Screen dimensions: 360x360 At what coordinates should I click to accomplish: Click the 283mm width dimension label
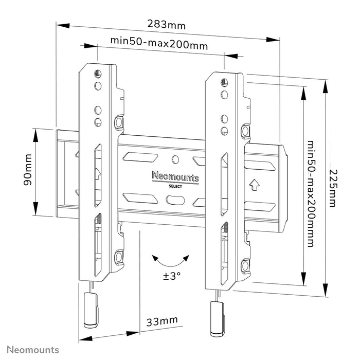(166, 25)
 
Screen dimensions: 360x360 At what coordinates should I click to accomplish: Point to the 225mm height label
(334, 188)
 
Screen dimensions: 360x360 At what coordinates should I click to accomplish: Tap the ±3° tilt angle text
(172, 277)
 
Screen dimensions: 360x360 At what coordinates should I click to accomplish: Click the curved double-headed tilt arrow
(172, 260)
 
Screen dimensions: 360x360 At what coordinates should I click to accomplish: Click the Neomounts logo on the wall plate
(175, 177)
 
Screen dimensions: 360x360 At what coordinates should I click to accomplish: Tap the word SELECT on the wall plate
(175, 186)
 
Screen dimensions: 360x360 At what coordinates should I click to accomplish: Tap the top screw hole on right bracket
(224, 82)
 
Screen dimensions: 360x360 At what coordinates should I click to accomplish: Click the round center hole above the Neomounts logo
(175, 159)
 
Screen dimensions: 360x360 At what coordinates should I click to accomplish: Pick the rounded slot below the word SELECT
(175, 197)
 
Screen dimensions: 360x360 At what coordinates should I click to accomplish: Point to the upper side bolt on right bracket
(245, 131)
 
